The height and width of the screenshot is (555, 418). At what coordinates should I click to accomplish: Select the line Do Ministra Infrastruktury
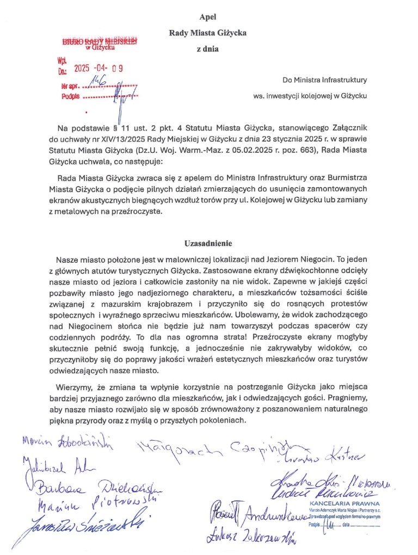pos(324,80)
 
